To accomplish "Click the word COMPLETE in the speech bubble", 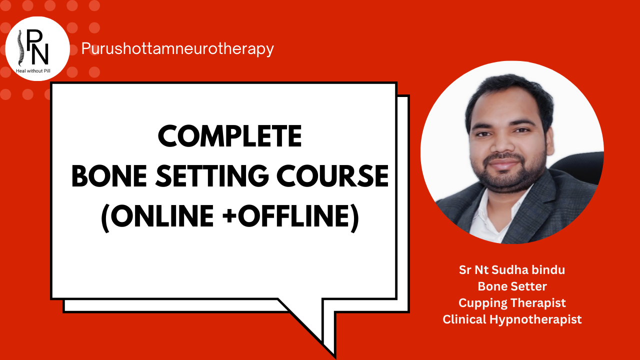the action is point(230,136).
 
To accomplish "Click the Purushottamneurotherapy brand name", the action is point(177,48).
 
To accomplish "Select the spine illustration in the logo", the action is point(20,47).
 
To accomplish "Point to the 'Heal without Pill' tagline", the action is point(33,71).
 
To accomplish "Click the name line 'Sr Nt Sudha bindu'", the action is point(512,270).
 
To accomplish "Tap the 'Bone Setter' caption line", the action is point(512,286).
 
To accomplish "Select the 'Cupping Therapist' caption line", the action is point(512,303).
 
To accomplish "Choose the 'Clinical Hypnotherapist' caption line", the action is point(512,319).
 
